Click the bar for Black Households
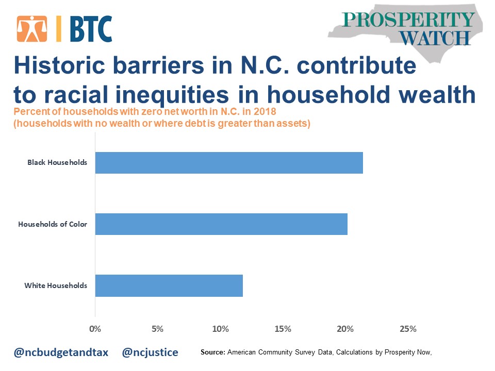(x=229, y=163)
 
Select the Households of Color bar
(x=221, y=224)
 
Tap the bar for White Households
(x=169, y=285)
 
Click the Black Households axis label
(x=57, y=162)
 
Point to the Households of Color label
(x=53, y=224)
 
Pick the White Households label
(x=56, y=285)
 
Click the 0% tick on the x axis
(x=95, y=329)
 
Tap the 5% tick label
(x=158, y=329)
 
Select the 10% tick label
(x=220, y=329)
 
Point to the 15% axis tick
(x=283, y=329)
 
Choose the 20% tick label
(x=345, y=329)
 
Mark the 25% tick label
(x=408, y=329)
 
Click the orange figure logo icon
(x=32, y=29)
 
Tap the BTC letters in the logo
(x=91, y=29)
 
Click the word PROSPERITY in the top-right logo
(x=408, y=20)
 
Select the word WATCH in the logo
(x=435, y=38)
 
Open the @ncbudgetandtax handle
(x=61, y=352)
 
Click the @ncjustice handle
(x=150, y=352)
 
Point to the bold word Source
(x=213, y=352)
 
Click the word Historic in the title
(x=59, y=65)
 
